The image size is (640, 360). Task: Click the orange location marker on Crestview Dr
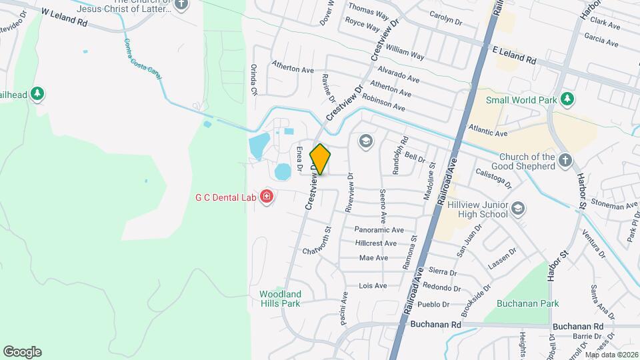[x=321, y=159]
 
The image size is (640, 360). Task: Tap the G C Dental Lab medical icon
[x=267, y=197]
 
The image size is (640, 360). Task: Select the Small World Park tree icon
[x=567, y=100]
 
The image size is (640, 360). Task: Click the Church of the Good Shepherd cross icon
[x=565, y=160]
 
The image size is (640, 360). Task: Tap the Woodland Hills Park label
[x=280, y=299]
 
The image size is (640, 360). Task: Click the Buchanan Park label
[x=531, y=303]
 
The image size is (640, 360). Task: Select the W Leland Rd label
[x=64, y=17]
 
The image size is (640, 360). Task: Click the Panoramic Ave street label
[x=380, y=229]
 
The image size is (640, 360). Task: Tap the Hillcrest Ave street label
[x=380, y=243]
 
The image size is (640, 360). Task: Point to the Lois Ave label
[x=373, y=286]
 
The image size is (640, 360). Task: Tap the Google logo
[x=22, y=352]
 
